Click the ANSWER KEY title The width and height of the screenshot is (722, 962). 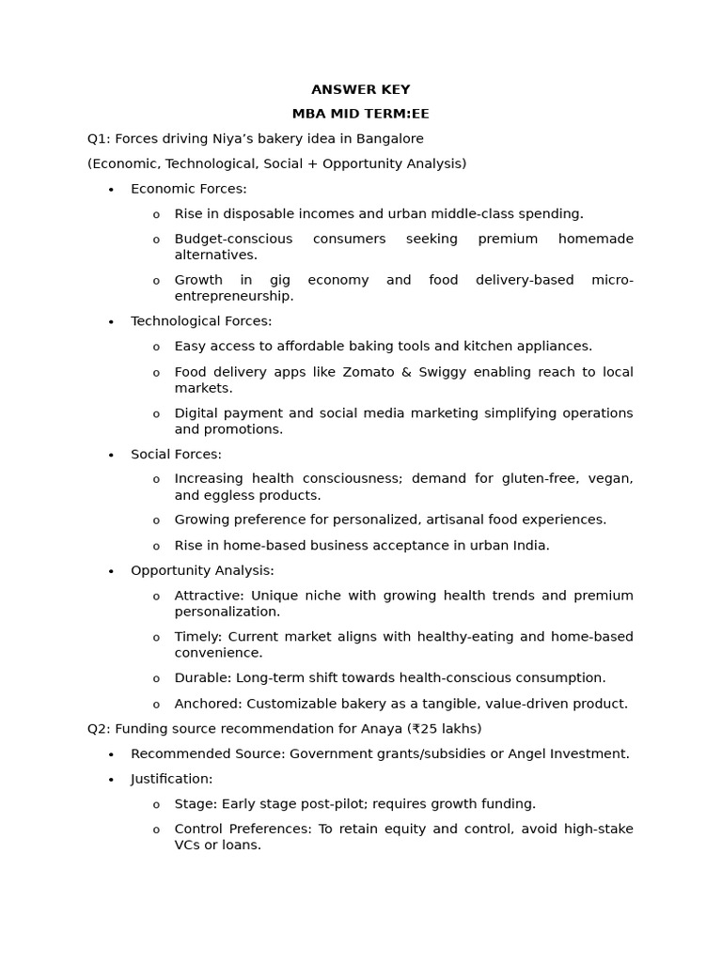coord(360,89)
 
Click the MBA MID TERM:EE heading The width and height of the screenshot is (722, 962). coord(360,114)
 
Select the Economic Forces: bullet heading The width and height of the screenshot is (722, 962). coord(188,189)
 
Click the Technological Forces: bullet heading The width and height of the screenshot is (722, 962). coord(201,321)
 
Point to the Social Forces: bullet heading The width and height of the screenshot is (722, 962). coord(176,454)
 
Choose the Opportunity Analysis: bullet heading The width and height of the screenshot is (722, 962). coord(202,570)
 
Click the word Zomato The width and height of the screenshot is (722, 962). coord(369,372)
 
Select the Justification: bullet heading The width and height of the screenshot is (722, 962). coord(171,778)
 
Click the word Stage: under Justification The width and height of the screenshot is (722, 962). coord(195,803)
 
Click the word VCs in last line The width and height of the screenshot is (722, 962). coord(187,845)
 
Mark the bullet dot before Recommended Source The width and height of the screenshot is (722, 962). coord(111,754)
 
